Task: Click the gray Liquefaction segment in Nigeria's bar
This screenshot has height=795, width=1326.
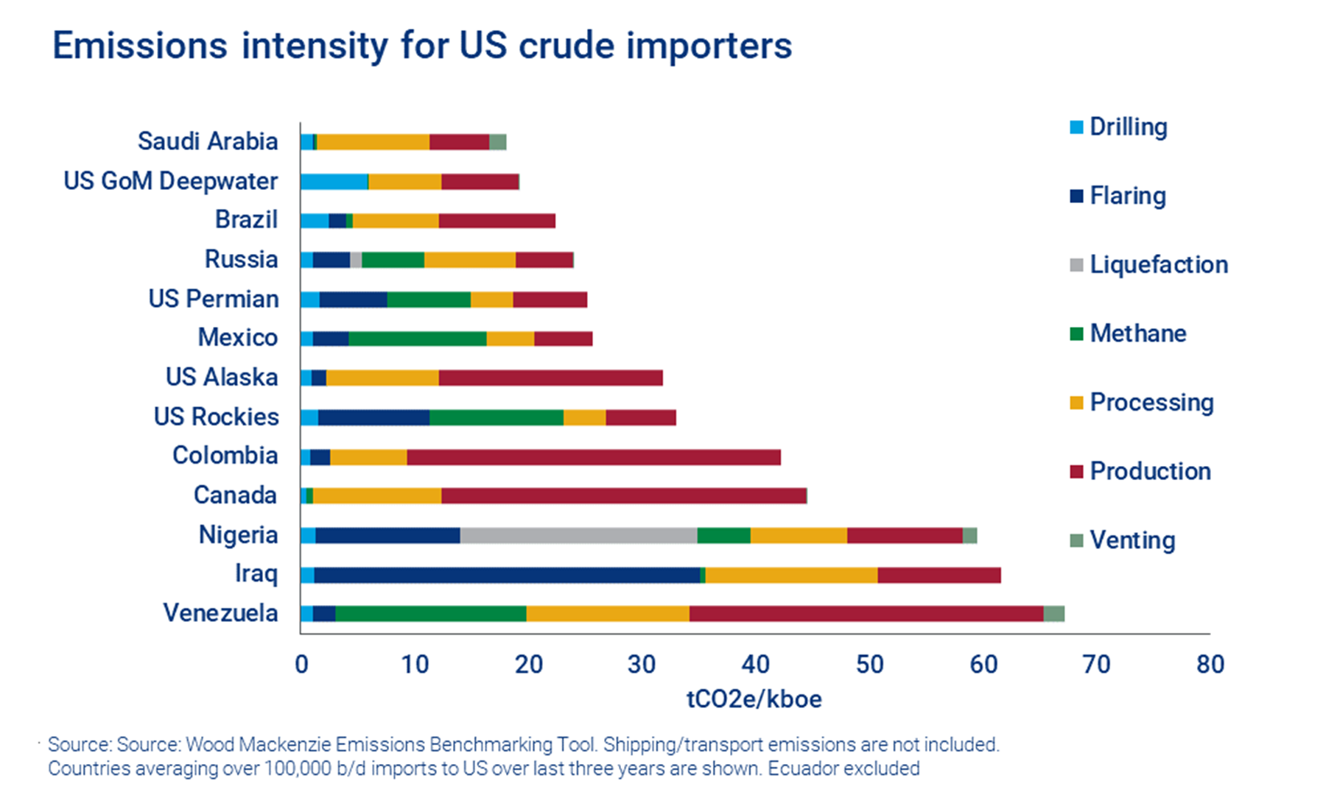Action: tap(578, 535)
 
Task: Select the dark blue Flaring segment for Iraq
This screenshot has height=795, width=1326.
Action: tap(507, 575)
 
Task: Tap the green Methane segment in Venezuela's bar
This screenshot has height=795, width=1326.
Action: tap(431, 614)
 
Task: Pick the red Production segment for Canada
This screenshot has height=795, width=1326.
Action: tap(623, 495)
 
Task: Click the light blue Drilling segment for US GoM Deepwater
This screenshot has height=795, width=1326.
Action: tap(334, 182)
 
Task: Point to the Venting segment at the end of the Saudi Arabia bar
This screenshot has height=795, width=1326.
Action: tap(498, 142)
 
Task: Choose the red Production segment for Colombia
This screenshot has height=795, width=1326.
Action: tap(593, 457)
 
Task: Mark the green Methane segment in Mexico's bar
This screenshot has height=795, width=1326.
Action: tap(417, 339)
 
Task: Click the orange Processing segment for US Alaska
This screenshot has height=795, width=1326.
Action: tap(382, 378)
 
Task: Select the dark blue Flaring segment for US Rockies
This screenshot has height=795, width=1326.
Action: tap(373, 417)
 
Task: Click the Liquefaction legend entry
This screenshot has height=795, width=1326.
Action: tap(1158, 264)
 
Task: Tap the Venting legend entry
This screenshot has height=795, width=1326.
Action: tap(1132, 540)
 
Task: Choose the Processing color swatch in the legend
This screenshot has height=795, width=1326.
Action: tap(1076, 403)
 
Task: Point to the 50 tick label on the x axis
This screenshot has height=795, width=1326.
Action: tap(869, 664)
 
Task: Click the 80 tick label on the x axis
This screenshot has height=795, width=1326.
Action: tap(1210, 664)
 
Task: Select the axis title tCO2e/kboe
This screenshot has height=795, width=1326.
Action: tap(754, 698)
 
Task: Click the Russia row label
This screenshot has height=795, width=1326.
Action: tap(241, 259)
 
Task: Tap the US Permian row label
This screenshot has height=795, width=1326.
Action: tap(213, 298)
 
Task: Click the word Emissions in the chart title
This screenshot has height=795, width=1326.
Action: tap(140, 46)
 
